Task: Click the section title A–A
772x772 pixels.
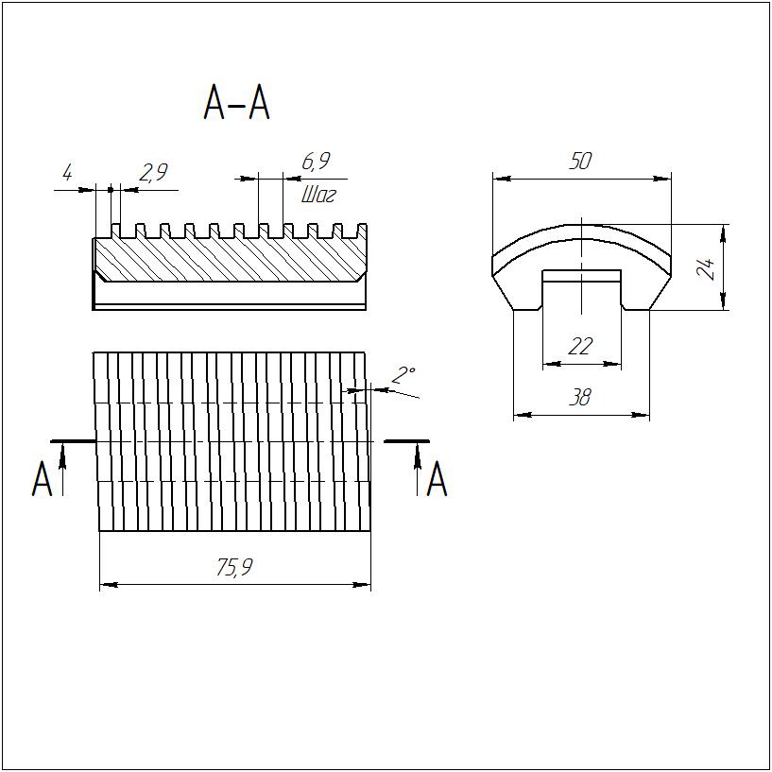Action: [237, 102]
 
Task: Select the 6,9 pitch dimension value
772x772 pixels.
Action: [316, 161]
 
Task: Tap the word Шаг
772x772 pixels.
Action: [318, 196]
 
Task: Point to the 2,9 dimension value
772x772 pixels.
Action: [153, 172]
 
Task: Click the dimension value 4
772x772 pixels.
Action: [67, 173]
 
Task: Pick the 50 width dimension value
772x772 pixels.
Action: [580, 161]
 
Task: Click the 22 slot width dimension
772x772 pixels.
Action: [580, 347]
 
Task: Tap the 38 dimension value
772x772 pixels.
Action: [580, 397]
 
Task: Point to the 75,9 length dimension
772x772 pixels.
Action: [234, 568]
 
